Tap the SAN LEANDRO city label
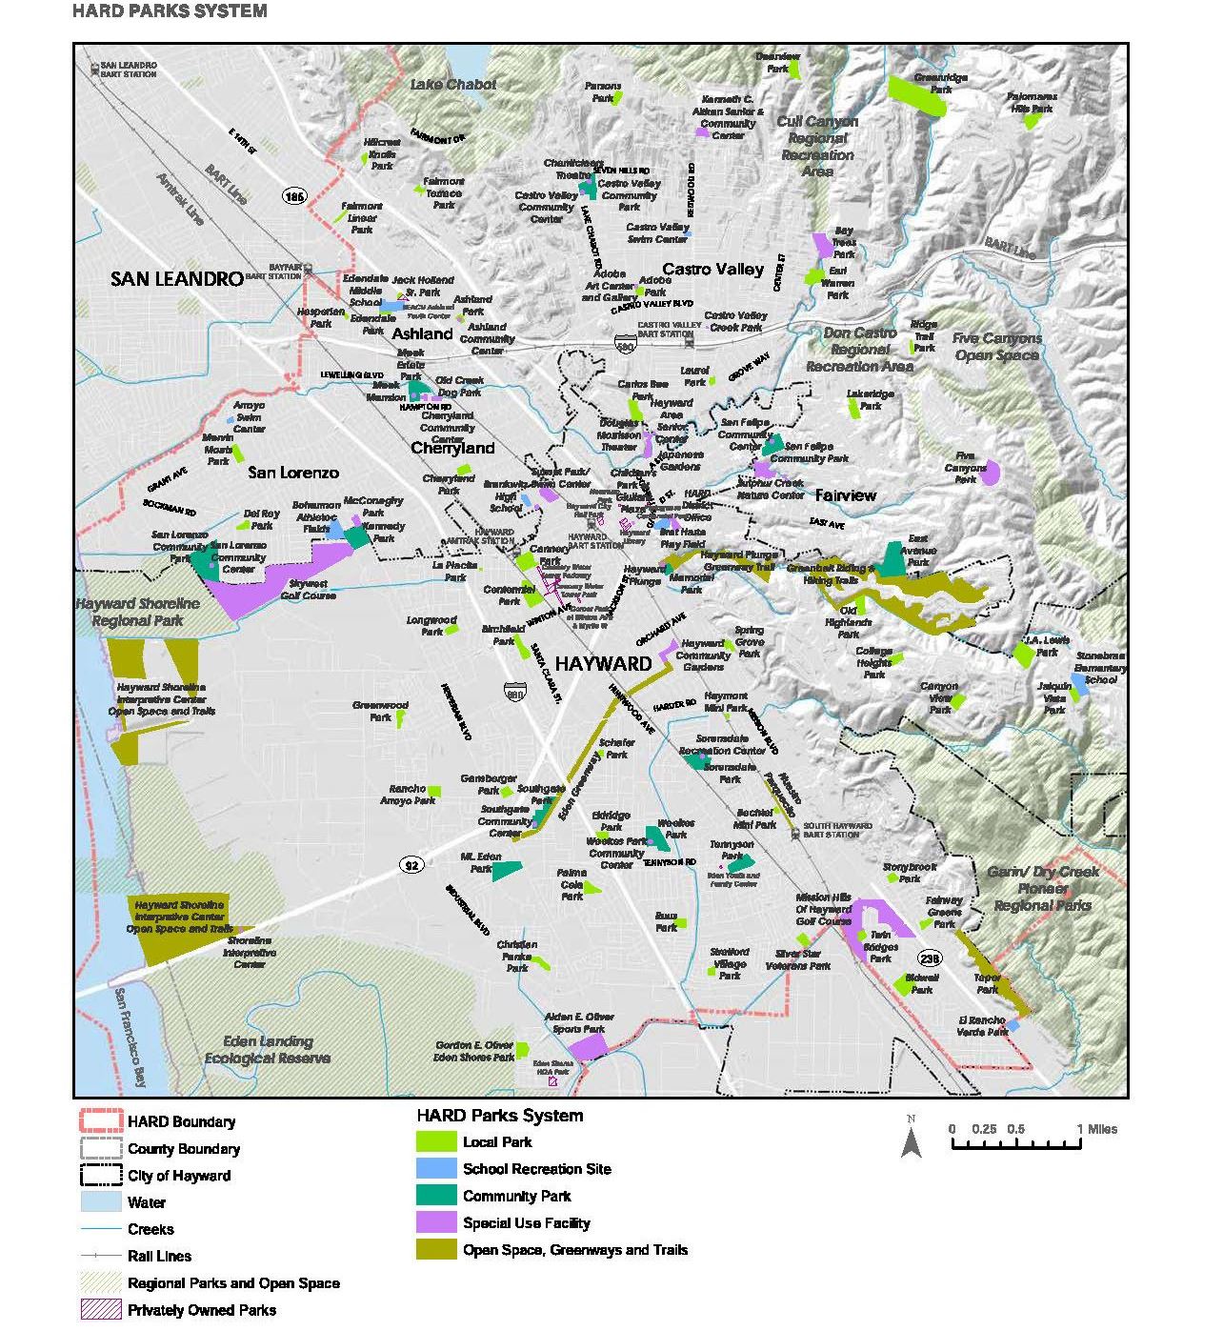(x=176, y=279)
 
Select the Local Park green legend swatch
(x=435, y=1141)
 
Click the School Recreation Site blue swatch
(x=435, y=1169)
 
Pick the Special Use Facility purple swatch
(x=435, y=1222)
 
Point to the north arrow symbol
(x=912, y=1139)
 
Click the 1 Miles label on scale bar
(x=1096, y=1129)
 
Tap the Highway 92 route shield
(x=411, y=865)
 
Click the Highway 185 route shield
(x=294, y=196)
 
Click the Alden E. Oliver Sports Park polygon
(x=588, y=1047)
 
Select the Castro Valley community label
(x=712, y=270)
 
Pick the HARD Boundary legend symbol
(x=100, y=1122)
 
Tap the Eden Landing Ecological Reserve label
(x=268, y=1050)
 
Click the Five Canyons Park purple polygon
(x=991, y=473)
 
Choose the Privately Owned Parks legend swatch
(x=100, y=1310)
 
